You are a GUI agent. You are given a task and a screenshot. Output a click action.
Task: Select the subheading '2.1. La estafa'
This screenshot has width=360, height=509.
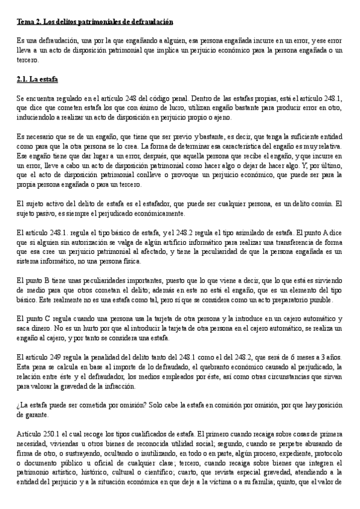[37, 79]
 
